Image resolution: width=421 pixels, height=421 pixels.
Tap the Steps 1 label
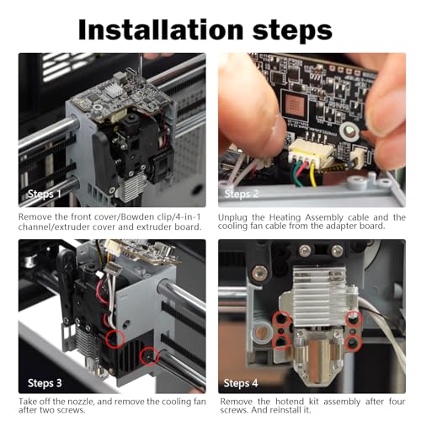click(44, 194)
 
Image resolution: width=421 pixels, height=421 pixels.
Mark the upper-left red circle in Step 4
click(276, 320)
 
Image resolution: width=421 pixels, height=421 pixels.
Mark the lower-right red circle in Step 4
click(354, 345)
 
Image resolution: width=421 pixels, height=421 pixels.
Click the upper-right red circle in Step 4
click(354, 318)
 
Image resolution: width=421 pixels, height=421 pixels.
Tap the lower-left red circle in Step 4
click(276, 345)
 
